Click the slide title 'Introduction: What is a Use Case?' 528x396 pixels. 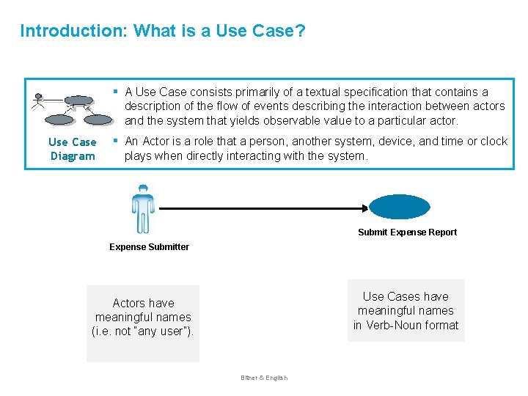[x=163, y=31]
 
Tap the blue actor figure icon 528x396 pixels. [x=143, y=208]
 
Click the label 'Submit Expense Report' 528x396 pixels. [x=407, y=232]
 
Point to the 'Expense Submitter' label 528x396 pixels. [x=149, y=247]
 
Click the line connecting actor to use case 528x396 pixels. [x=264, y=208]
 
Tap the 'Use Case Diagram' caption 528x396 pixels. [x=73, y=149]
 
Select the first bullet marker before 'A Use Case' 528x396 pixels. [x=115, y=92]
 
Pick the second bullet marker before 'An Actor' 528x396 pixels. [x=115, y=141]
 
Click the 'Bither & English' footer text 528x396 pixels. [x=264, y=378]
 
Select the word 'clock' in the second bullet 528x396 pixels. [x=493, y=141]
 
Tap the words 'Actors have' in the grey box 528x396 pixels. [x=143, y=303]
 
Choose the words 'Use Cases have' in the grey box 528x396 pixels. [x=406, y=296]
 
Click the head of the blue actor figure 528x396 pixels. [x=143, y=189]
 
